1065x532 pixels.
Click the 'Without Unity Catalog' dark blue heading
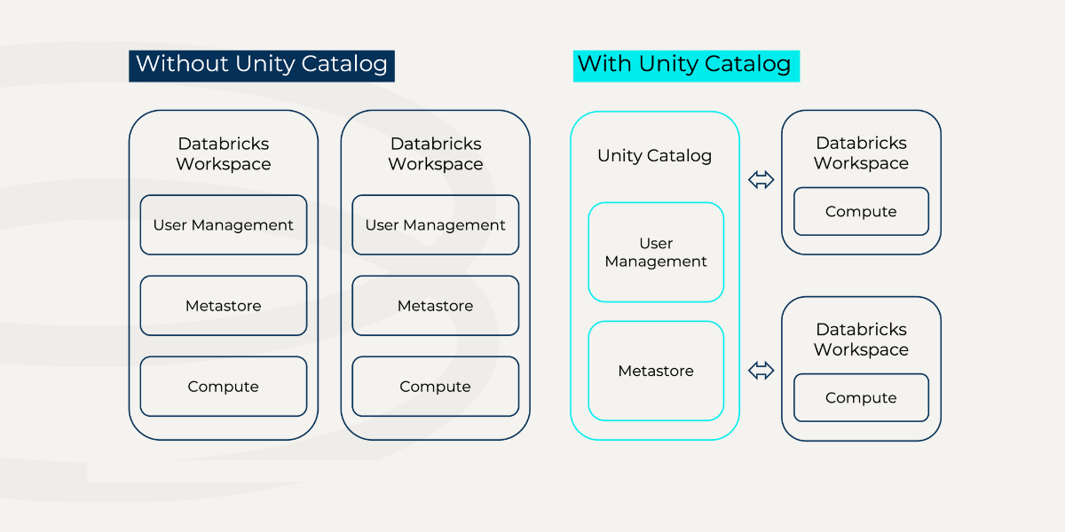point(262,66)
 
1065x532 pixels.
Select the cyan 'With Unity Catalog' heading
point(686,66)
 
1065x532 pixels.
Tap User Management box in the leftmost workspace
point(224,224)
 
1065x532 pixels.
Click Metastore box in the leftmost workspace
point(224,305)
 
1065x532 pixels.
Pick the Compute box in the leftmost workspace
point(224,387)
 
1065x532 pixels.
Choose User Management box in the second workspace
point(436,224)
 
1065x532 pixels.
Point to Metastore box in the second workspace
point(436,305)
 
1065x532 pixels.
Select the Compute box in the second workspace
point(436,387)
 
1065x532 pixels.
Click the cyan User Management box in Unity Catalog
point(656,252)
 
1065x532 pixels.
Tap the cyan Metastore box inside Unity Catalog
point(656,371)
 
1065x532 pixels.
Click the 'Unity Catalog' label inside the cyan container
point(655,156)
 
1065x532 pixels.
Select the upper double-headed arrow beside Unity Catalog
point(761,180)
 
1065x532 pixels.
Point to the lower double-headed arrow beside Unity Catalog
point(761,371)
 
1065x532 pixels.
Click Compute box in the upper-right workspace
point(861,211)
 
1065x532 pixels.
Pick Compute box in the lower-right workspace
point(861,397)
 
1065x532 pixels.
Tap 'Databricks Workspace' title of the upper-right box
point(861,153)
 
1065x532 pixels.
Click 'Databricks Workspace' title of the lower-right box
point(861,340)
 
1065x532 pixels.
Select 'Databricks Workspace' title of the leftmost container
point(224,154)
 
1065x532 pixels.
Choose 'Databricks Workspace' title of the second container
point(436,154)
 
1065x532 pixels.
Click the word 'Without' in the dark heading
point(182,64)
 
